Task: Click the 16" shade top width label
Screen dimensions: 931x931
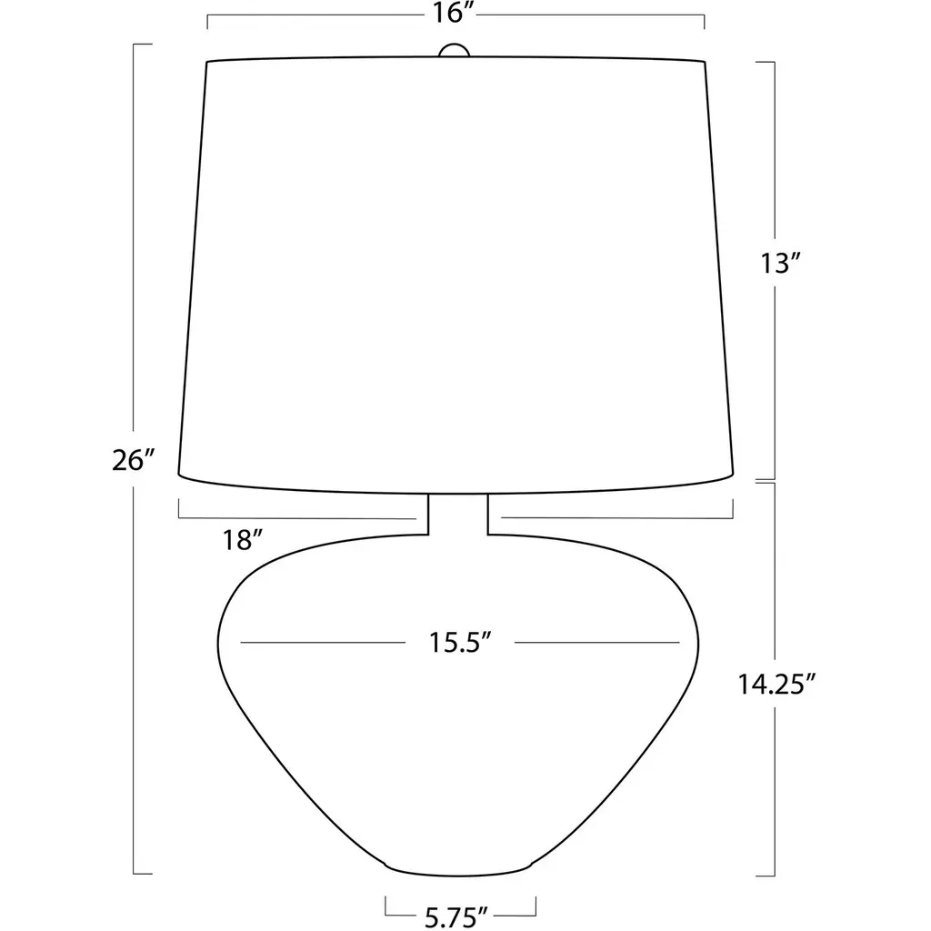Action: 453,12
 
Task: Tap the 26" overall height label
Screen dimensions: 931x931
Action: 133,460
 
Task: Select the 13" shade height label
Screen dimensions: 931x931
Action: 781,263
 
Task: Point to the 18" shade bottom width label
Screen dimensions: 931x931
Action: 242,540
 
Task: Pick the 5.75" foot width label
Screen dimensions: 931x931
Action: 456,917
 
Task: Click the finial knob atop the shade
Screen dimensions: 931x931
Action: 455,50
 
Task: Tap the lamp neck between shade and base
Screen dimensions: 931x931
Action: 458,515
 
